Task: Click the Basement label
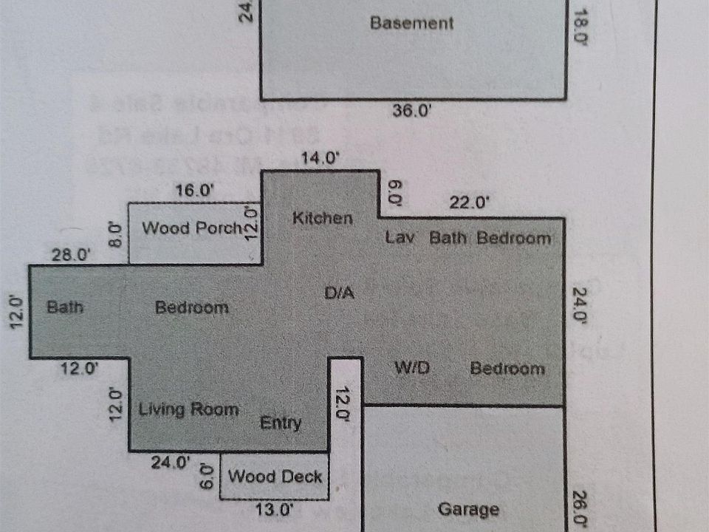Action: pyautogui.click(x=411, y=23)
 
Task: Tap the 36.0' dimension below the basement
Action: pyautogui.click(x=412, y=112)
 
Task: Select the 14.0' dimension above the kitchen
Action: pyautogui.click(x=320, y=157)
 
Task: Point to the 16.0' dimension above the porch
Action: pyautogui.click(x=195, y=190)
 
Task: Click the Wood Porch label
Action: pyautogui.click(x=193, y=228)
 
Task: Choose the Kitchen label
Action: pyautogui.click(x=322, y=218)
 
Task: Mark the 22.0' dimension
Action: pyautogui.click(x=470, y=202)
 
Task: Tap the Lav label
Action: pyautogui.click(x=402, y=238)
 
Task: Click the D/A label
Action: pyautogui.click(x=340, y=293)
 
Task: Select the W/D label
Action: pyautogui.click(x=412, y=367)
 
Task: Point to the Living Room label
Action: pyautogui.click(x=189, y=409)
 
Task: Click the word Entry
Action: pyautogui.click(x=281, y=423)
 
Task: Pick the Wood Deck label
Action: pyautogui.click(x=275, y=477)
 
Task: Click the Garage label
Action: pyautogui.click(x=468, y=509)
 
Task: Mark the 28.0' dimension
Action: pyautogui.click(x=71, y=255)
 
